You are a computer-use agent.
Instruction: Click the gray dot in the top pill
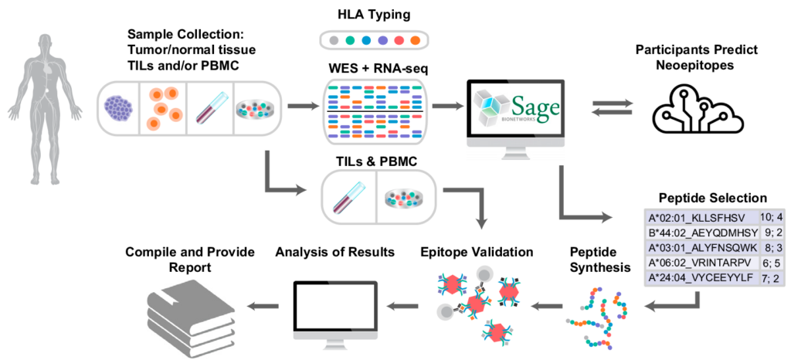[334, 40]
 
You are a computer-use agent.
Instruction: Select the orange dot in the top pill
[416, 40]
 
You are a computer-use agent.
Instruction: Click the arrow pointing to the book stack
[262, 307]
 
